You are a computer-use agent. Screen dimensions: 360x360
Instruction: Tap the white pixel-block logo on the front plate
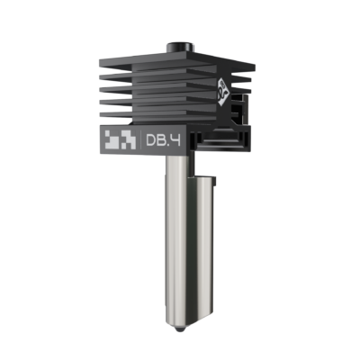point(117,139)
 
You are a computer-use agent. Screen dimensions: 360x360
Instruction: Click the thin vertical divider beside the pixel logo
point(135,139)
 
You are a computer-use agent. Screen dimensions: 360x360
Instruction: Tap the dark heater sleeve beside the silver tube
point(201,225)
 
